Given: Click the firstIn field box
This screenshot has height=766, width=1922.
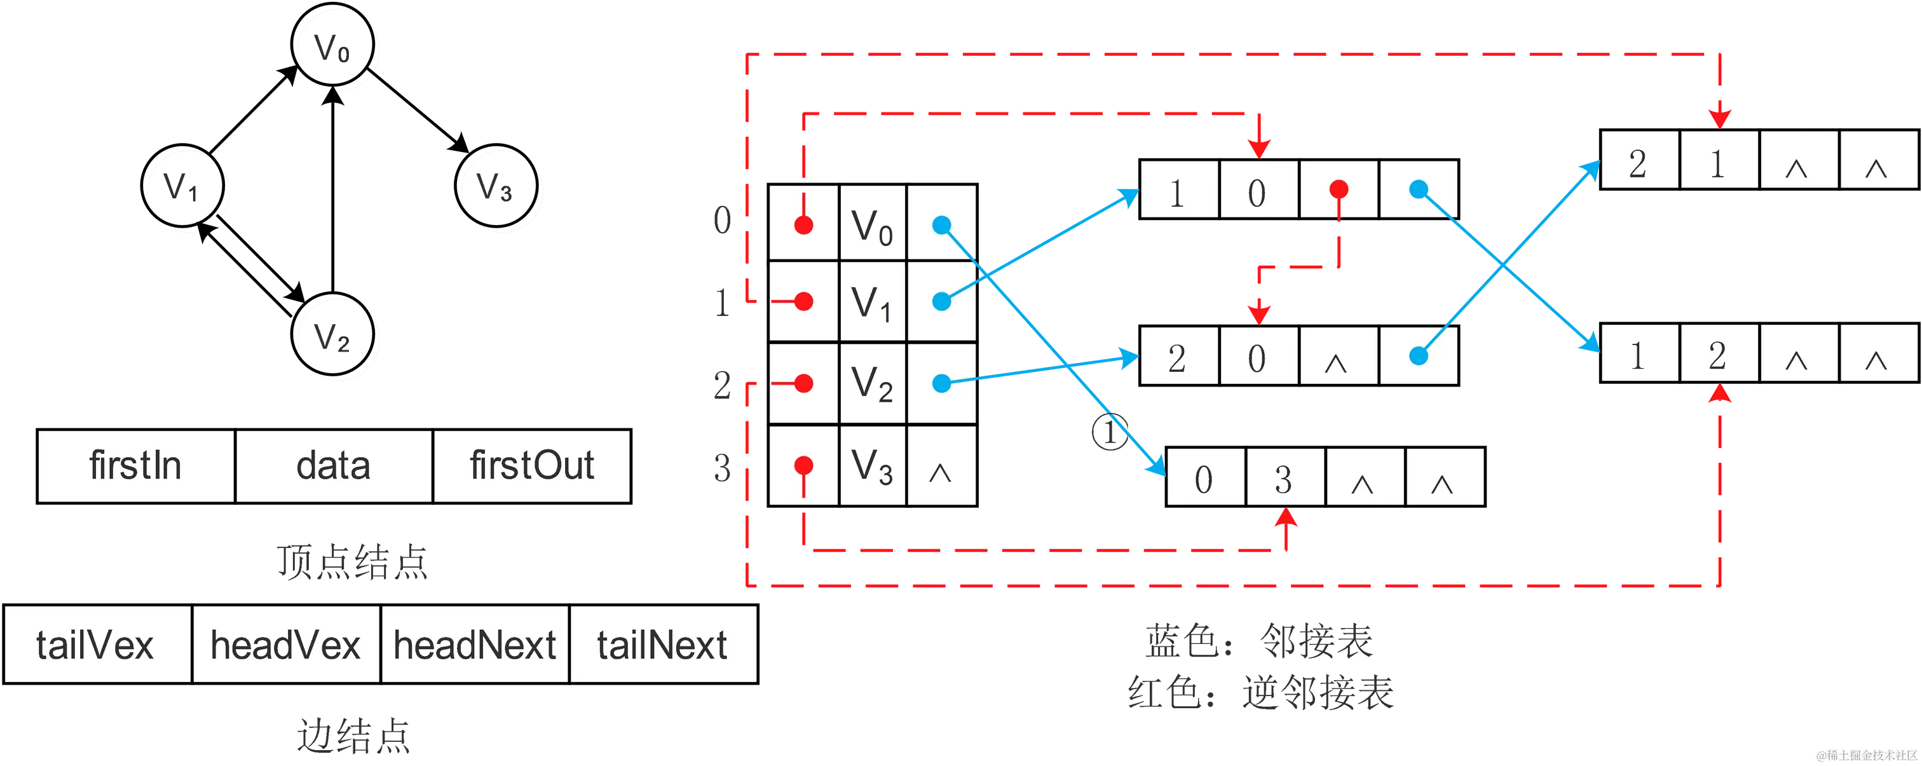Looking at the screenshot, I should (x=136, y=466).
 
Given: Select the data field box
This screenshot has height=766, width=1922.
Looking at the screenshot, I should (x=334, y=466).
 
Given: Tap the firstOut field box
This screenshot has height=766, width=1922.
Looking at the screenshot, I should (x=532, y=466).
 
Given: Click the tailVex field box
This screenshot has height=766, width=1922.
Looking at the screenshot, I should (x=97, y=645).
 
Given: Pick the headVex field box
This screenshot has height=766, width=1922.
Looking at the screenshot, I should (x=286, y=645).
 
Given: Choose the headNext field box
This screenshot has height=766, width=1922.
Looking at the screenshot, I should (x=475, y=645).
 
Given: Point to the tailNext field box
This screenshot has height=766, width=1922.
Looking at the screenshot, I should (x=662, y=645).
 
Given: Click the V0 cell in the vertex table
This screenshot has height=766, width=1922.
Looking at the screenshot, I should (x=872, y=224).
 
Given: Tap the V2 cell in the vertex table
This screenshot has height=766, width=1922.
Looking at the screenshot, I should (x=872, y=384).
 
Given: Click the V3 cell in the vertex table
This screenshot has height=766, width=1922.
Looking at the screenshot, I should (x=872, y=467).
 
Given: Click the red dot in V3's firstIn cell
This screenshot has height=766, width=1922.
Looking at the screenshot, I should (x=803, y=467).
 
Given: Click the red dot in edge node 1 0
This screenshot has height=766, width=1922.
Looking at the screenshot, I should (x=1339, y=189).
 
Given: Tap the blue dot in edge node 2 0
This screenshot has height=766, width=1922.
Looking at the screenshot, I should (x=1419, y=356).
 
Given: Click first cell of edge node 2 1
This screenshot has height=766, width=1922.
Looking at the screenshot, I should (x=1639, y=161).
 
